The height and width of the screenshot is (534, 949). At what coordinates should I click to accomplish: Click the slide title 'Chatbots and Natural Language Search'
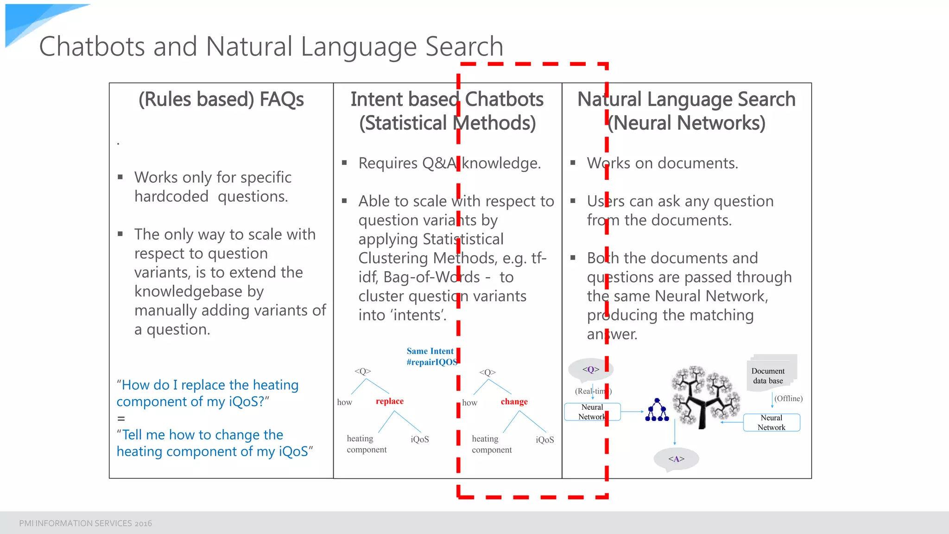coord(271,46)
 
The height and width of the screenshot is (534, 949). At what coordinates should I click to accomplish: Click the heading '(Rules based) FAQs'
coord(221,99)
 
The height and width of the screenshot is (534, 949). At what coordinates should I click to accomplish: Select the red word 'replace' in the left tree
coord(389,401)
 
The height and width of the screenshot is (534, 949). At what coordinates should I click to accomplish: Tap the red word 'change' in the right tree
coord(514,401)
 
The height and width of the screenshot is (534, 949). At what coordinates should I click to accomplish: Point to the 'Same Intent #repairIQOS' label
coord(431,356)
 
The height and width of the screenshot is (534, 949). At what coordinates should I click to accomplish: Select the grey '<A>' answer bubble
coord(676,459)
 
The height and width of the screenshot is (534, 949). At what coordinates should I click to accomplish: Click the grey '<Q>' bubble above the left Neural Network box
coord(590,369)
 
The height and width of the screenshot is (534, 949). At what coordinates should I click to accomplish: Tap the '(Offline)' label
coord(788,398)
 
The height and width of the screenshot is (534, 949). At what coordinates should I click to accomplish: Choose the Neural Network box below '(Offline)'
coord(771,422)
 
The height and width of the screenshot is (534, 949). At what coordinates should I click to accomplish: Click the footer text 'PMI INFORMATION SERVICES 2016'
coord(85,523)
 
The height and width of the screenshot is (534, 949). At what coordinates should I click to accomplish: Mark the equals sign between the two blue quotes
coord(121,419)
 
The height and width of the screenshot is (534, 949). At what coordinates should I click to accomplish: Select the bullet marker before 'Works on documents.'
coord(573,163)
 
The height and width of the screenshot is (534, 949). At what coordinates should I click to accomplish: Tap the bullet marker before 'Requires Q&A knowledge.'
coord(344,163)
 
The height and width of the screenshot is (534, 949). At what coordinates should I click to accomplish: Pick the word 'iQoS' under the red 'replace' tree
coord(419,439)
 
